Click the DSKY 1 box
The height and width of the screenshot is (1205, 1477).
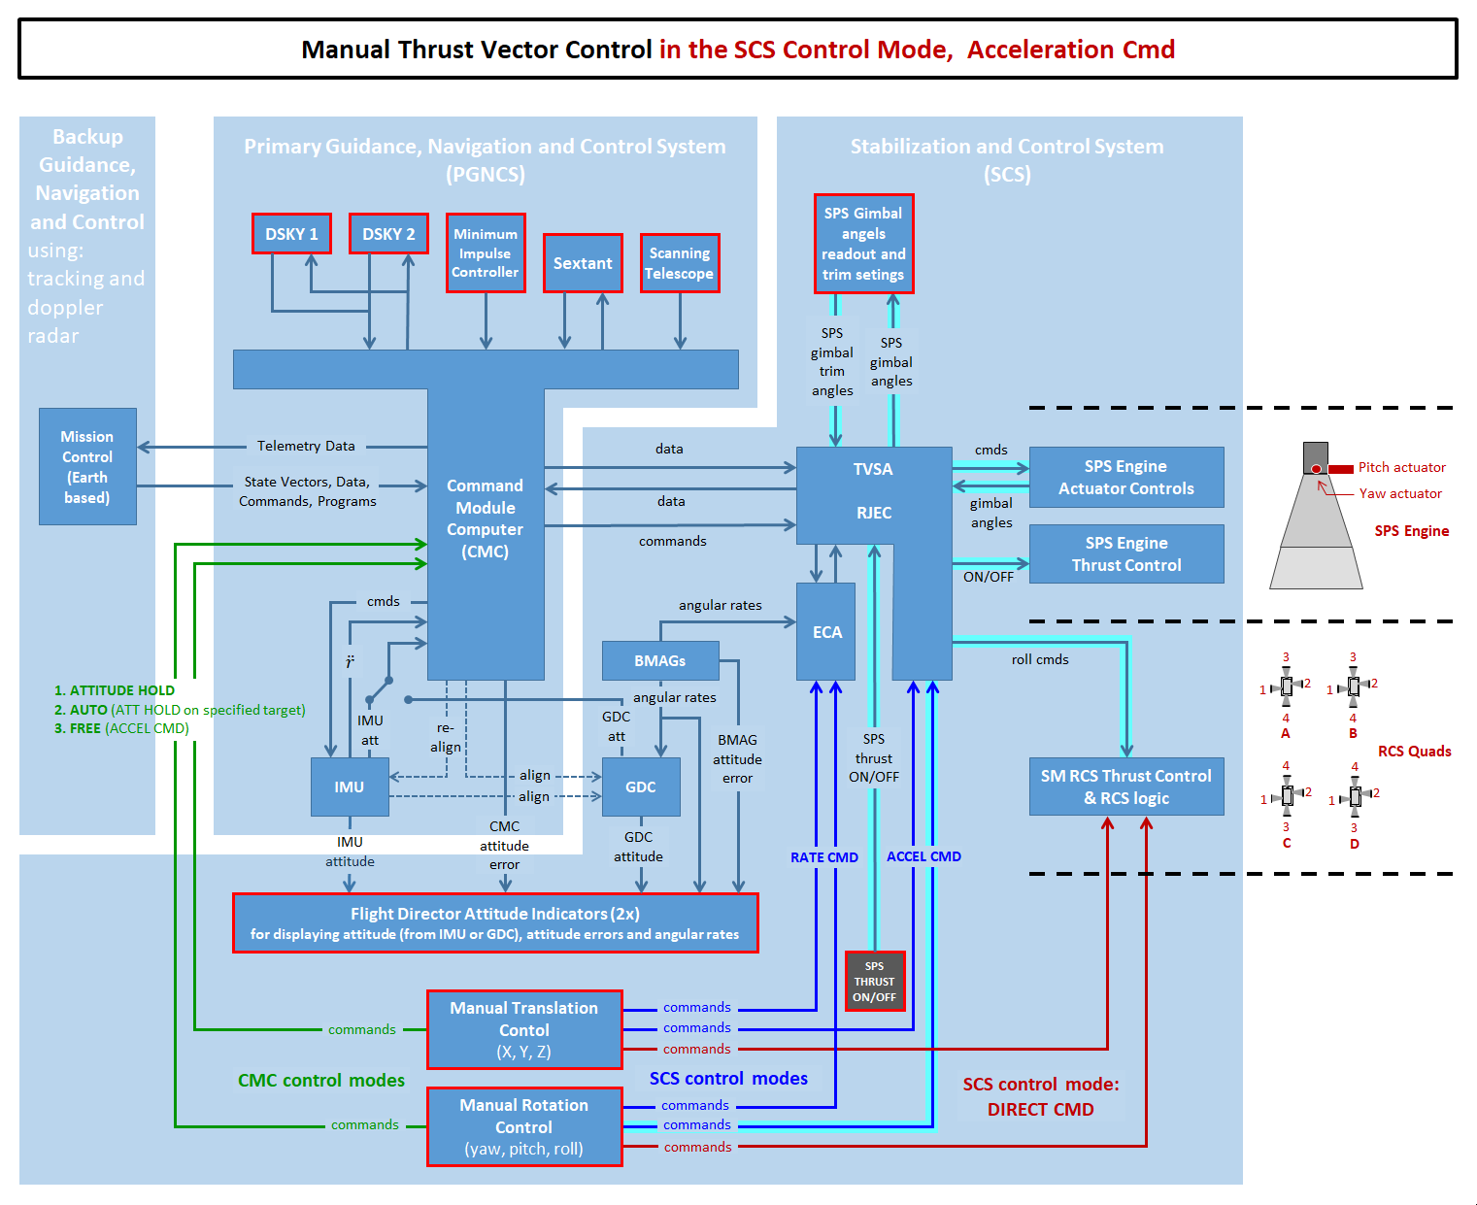point(291,234)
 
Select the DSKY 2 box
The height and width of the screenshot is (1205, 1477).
point(388,234)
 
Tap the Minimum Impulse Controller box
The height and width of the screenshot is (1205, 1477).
point(486,252)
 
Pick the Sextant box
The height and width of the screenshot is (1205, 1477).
point(583,263)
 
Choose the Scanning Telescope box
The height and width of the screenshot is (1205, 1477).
point(680,263)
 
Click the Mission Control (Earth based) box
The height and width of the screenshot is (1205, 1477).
point(87,467)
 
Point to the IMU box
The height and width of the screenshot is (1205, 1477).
point(350,787)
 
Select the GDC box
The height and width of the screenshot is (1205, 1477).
point(641,787)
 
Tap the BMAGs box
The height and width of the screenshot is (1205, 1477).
point(660,660)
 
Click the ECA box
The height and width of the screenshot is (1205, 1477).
point(826,632)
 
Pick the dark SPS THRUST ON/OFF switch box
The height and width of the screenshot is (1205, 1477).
point(875,982)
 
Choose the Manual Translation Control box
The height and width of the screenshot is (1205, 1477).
point(524,1029)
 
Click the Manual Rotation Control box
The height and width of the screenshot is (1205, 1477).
point(524,1126)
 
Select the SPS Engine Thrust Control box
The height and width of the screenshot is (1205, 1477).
point(1126,554)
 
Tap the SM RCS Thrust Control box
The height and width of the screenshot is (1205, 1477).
point(1126,787)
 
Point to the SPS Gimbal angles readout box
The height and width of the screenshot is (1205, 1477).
point(863,244)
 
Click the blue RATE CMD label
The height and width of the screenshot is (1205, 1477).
point(824,857)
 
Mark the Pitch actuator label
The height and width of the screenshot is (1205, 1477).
point(1401,467)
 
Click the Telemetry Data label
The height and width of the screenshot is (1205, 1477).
point(306,446)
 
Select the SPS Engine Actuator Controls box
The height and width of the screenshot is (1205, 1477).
point(1126,477)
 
